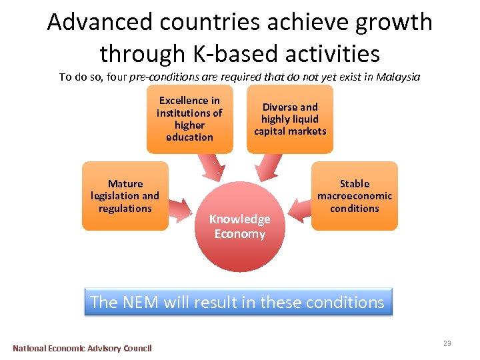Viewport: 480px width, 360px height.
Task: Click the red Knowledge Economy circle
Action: coord(240,227)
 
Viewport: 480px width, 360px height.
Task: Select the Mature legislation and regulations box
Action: coord(125,196)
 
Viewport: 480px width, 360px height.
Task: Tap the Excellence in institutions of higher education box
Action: coord(189,119)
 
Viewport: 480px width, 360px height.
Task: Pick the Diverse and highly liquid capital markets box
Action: coord(290,119)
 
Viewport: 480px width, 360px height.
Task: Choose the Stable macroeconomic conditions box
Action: coord(354,196)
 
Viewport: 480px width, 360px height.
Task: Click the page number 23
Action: coord(447,343)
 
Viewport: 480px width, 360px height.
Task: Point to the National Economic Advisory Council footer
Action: coord(82,348)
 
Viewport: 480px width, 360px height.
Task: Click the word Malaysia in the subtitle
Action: coord(398,77)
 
